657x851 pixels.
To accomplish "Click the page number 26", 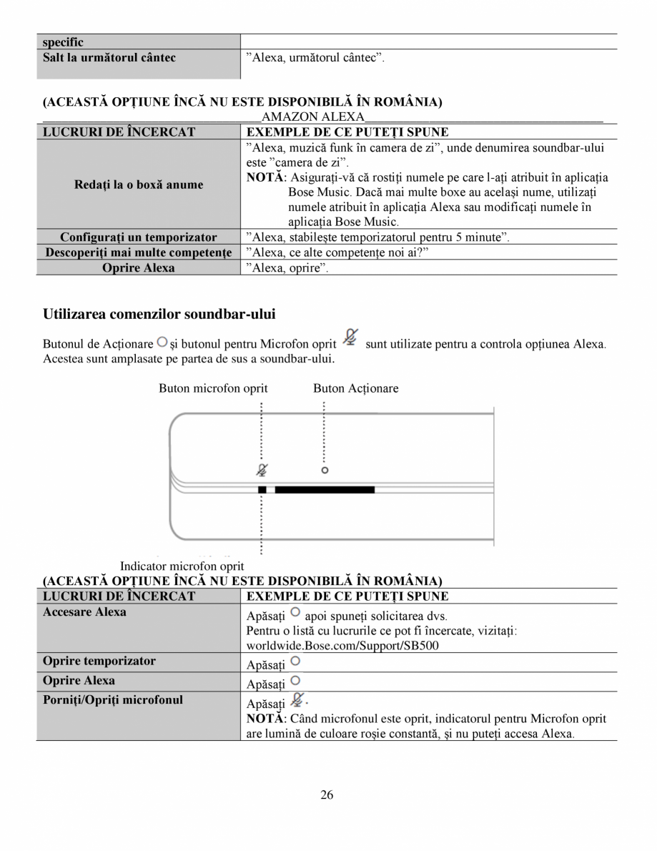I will [x=327, y=795].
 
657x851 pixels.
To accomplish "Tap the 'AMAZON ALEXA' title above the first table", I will [x=313, y=117].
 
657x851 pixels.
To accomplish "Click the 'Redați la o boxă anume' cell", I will [x=139, y=185].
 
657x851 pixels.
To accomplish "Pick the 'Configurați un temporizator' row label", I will [x=139, y=237].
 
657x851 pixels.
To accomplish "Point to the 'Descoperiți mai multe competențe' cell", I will [x=139, y=252].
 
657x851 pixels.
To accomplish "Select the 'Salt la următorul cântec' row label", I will [x=109, y=57].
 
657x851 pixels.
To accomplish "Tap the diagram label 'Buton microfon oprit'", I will [x=213, y=388].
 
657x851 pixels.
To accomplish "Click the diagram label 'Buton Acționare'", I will [x=355, y=388].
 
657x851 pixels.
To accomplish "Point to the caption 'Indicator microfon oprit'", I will [x=182, y=566].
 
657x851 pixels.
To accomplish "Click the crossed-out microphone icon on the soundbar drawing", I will [x=262, y=470].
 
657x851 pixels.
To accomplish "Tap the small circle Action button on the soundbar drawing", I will [x=325, y=471].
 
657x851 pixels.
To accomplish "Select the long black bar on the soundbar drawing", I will [x=325, y=490].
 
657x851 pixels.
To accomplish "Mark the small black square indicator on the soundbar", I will [x=262, y=490].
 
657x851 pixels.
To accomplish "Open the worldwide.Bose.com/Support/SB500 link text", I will [x=342, y=645].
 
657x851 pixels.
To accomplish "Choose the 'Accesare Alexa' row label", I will [x=84, y=612].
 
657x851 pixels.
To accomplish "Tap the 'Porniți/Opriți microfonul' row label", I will [x=113, y=699].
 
